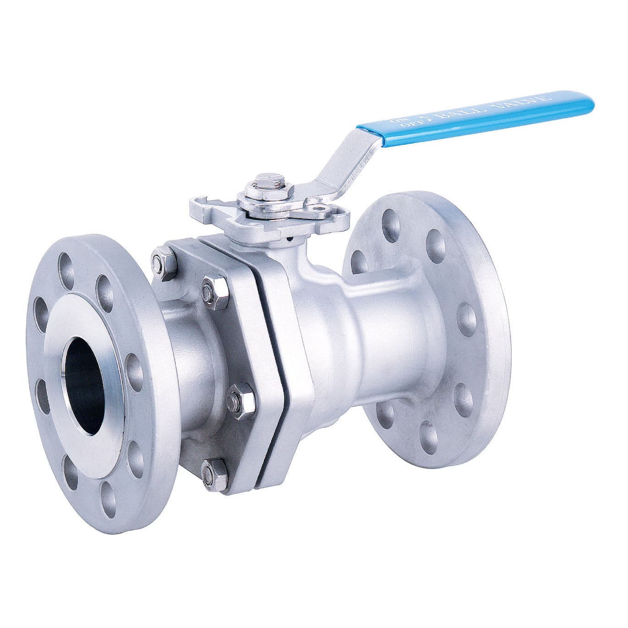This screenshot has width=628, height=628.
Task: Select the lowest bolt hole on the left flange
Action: [106, 494]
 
